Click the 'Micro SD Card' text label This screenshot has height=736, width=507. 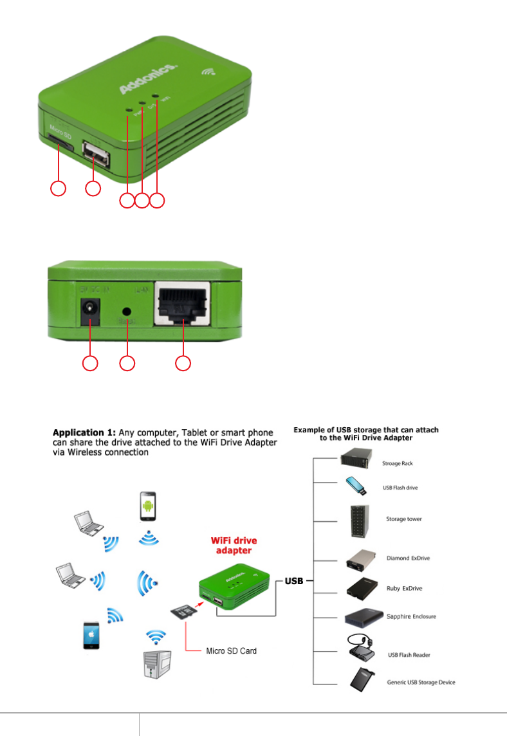pos(231,651)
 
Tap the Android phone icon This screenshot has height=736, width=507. pos(149,508)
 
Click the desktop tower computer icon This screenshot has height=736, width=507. pos(152,663)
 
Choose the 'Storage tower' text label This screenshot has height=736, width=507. pos(404,519)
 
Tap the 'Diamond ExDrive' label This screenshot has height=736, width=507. pos(408,558)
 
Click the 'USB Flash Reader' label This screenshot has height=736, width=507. pos(409,655)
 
